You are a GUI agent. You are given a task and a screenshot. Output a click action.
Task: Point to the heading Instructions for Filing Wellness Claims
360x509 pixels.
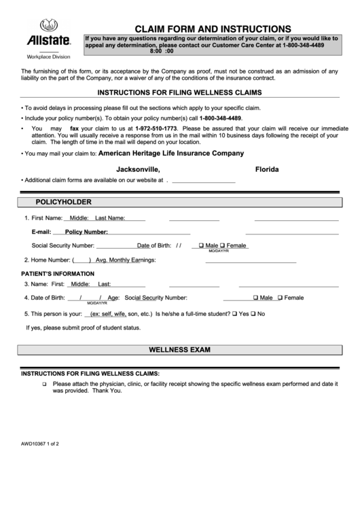pyautogui.click(x=179, y=92)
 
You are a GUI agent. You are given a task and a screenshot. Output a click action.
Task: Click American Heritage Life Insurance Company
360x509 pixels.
pyautogui.click(x=171, y=154)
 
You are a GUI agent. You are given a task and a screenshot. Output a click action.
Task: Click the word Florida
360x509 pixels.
pyautogui.click(x=267, y=169)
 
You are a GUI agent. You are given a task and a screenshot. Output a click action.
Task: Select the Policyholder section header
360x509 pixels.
pyautogui.click(x=63, y=202)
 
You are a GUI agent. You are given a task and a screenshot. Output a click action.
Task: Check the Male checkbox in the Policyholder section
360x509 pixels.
pyautogui.click(x=201, y=245)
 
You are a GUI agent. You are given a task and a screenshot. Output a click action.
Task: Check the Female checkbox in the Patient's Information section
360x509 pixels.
pyautogui.click(x=280, y=298)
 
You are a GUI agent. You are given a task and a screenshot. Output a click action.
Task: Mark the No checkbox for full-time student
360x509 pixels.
pyautogui.click(x=253, y=314)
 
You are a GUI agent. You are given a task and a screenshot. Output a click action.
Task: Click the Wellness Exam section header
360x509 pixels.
pyautogui.click(x=179, y=349)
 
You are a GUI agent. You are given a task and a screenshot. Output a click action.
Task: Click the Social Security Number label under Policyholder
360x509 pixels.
pyautogui.click(x=63, y=245)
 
